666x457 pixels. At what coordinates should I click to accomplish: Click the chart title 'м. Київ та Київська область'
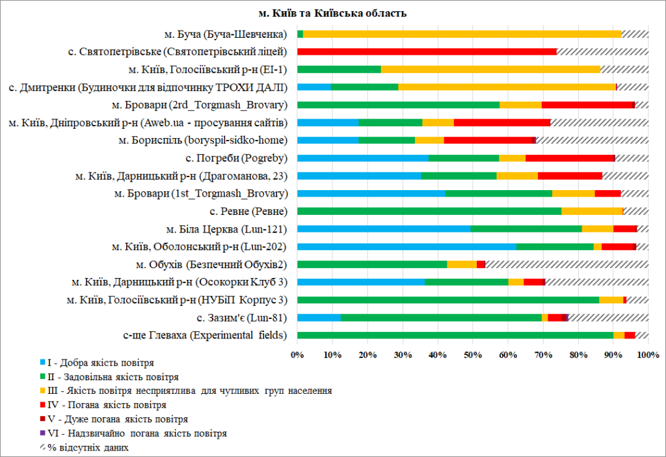(x=332, y=13)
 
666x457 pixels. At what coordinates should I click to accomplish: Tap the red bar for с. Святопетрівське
(x=427, y=51)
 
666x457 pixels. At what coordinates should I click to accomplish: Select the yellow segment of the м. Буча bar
(x=462, y=34)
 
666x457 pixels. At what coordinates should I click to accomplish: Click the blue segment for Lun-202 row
(x=406, y=247)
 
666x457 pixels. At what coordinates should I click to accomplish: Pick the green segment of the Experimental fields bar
(x=455, y=335)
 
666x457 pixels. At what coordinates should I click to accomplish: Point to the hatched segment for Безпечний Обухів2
(x=566, y=264)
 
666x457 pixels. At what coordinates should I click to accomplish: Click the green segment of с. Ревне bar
(x=429, y=211)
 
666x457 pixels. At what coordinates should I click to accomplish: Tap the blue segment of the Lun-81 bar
(x=319, y=318)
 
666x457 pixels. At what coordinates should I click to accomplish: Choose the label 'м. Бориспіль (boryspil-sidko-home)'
(x=207, y=140)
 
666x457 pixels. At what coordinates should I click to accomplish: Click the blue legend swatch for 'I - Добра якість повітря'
(x=44, y=362)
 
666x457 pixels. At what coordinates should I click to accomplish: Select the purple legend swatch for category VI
(x=44, y=433)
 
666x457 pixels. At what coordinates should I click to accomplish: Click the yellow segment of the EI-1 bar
(x=490, y=69)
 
